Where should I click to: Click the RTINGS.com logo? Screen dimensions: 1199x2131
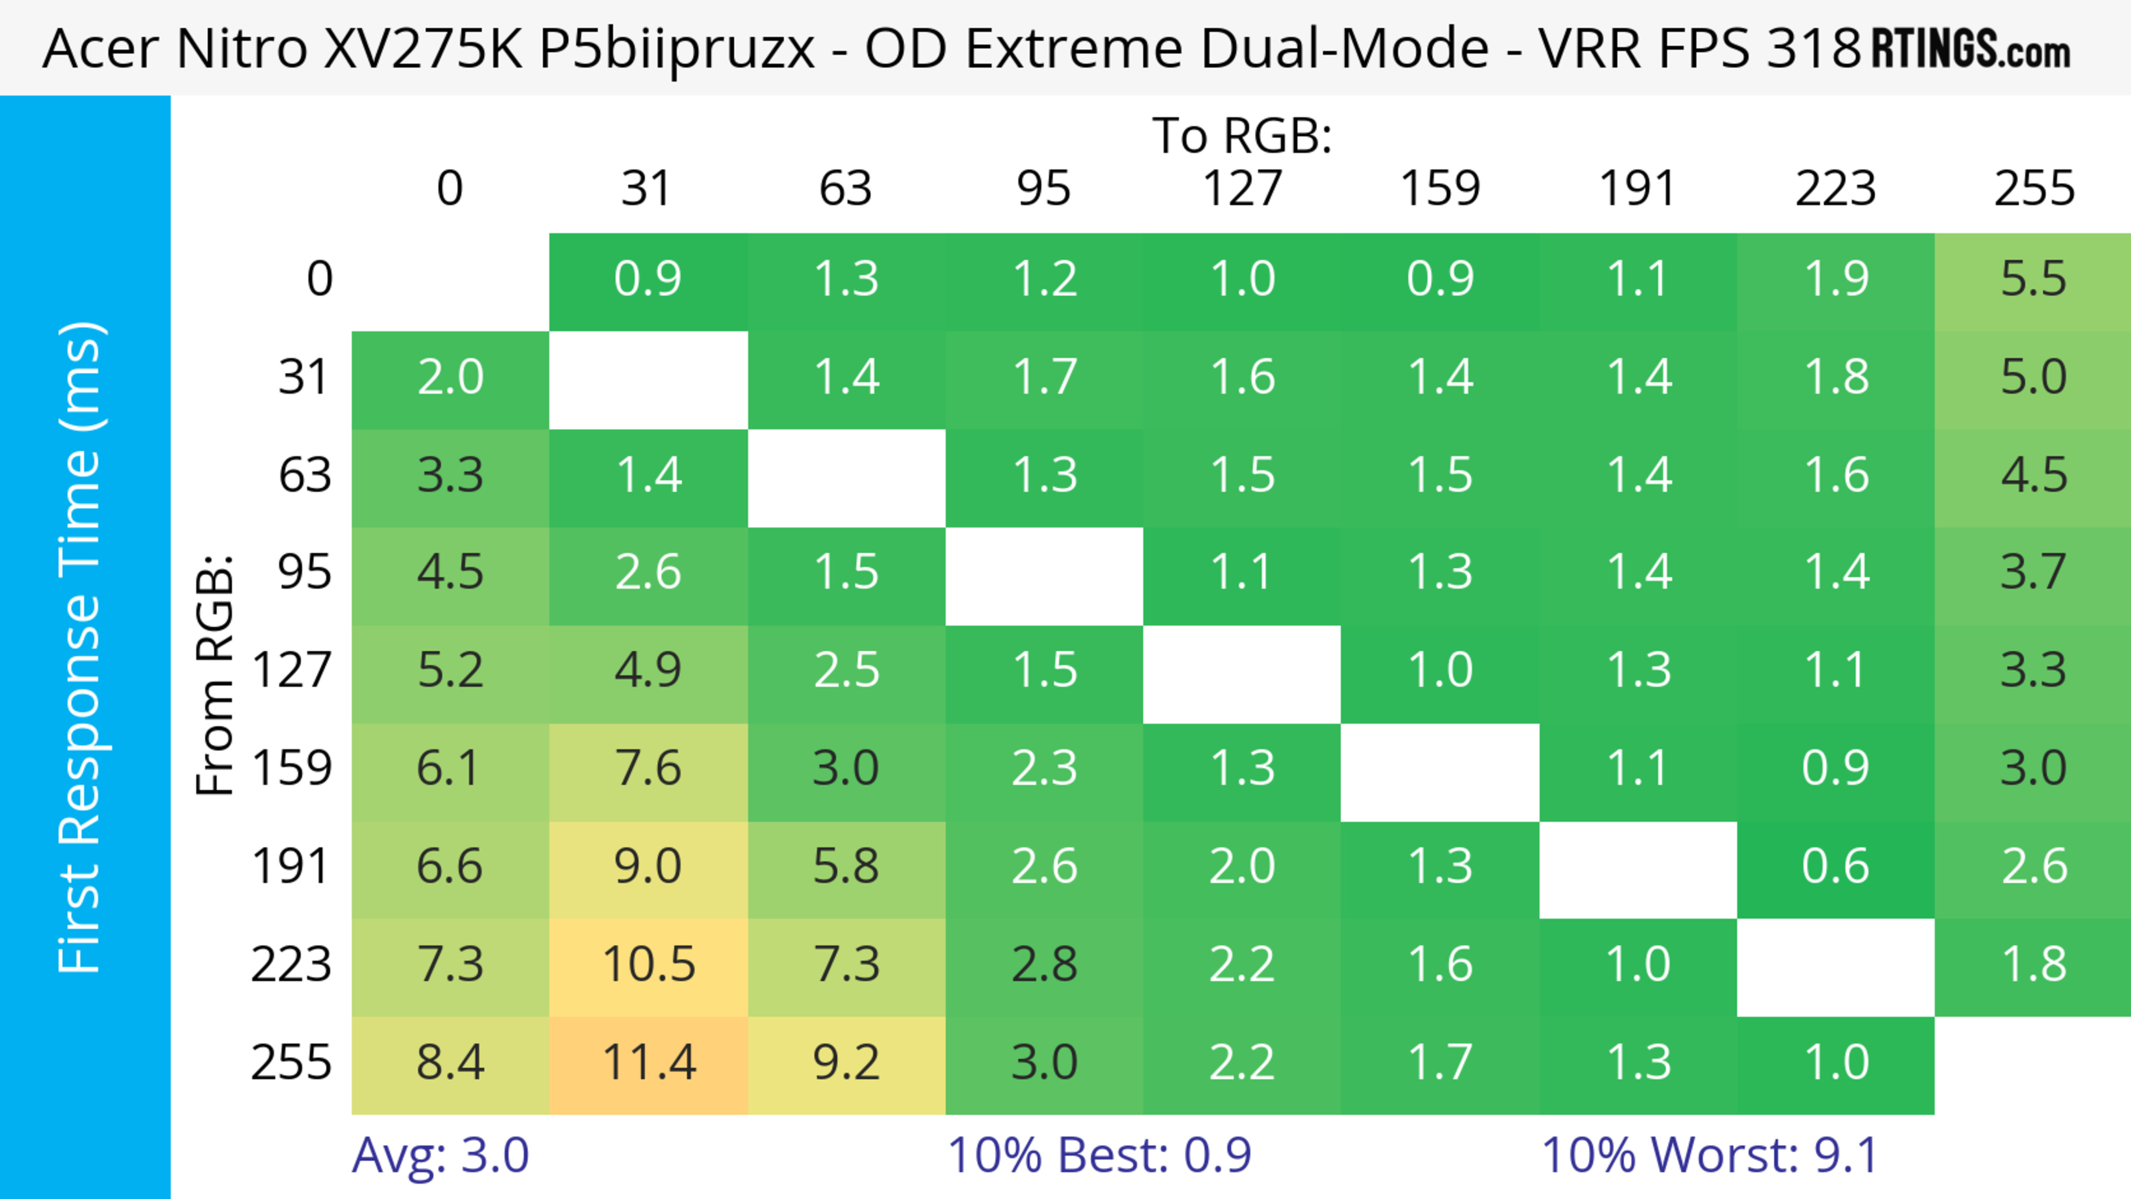coord(1971,49)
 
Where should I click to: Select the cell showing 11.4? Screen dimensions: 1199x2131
coord(649,1063)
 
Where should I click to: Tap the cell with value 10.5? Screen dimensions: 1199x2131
coord(649,965)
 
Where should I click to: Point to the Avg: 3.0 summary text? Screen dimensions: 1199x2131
coord(440,1155)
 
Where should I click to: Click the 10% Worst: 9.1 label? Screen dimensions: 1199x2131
coord(1709,1155)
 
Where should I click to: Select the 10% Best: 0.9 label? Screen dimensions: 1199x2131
coord(1099,1155)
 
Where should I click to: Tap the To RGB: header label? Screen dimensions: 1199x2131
coord(1242,135)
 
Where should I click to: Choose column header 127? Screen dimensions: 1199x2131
coord(1242,189)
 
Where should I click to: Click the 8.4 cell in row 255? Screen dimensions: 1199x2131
coord(450,1063)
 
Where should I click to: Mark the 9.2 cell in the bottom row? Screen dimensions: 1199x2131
coord(845,1063)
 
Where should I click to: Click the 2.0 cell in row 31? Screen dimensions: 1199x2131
coord(450,378)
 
